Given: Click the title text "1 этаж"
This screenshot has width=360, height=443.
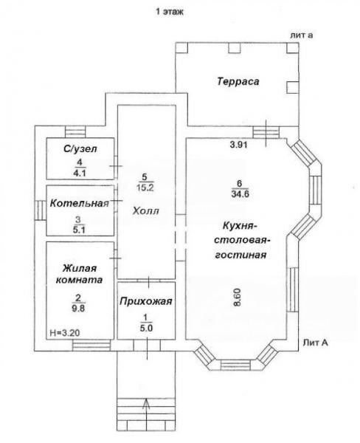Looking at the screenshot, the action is (x=170, y=12).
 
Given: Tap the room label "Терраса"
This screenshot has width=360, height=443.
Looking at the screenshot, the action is (x=238, y=82).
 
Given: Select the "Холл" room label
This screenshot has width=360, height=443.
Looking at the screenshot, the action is (x=146, y=210).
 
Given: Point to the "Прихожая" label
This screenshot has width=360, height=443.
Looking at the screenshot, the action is (x=146, y=301).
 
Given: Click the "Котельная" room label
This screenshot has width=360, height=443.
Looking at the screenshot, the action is (x=80, y=203).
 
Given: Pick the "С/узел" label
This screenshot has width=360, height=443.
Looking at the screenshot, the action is (x=80, y=148).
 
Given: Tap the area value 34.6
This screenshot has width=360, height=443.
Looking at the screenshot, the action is (x=240, y=194).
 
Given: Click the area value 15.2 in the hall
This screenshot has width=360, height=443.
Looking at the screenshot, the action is (x=145, y=188).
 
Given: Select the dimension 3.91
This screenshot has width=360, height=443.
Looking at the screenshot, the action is (x=239, y=145).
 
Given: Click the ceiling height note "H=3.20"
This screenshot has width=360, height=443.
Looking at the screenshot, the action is (x=65, y=332).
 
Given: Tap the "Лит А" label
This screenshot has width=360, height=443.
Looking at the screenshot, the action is (x=316, y=343).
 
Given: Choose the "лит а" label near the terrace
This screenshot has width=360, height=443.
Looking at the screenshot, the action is (x=301, y=35).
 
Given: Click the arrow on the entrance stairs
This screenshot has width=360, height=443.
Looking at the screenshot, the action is (x=146, y=413).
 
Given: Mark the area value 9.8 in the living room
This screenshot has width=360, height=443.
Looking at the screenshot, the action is (x=78, y=308).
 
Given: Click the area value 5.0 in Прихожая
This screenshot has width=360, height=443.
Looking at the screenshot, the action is (x=146, y=328).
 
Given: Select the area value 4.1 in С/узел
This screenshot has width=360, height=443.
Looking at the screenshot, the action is (x=80, y=173).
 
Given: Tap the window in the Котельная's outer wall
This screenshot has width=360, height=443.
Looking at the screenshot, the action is (x=41, y=210).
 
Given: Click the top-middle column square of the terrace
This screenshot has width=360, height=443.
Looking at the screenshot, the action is (x=235, y=48).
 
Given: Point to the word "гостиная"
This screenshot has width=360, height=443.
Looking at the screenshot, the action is (x=240, y=255).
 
